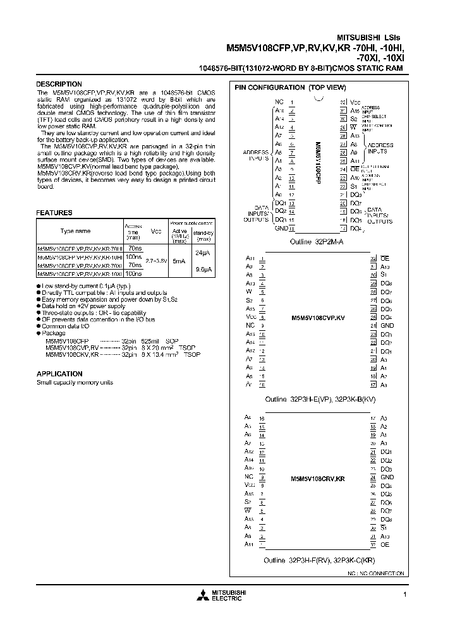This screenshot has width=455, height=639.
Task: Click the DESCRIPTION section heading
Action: click(x=59, y=84)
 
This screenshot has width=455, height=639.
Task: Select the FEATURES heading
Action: click(x=54, y=213)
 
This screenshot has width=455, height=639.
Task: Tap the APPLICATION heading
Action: click(x=59, y=374)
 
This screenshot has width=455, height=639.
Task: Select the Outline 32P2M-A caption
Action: click(x=318, y=242)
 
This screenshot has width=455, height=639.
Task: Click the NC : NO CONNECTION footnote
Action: click(x=375, y=573)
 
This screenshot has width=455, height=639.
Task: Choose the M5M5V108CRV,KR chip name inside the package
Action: click(x=318, y=479)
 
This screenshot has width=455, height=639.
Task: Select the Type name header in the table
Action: click(x=75, y=232)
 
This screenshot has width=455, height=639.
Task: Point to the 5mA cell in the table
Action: click(x=179, y=260)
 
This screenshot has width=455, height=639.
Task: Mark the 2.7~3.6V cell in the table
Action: click(x=155, y=260)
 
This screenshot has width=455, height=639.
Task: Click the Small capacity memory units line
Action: click(x=75, y=383)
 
